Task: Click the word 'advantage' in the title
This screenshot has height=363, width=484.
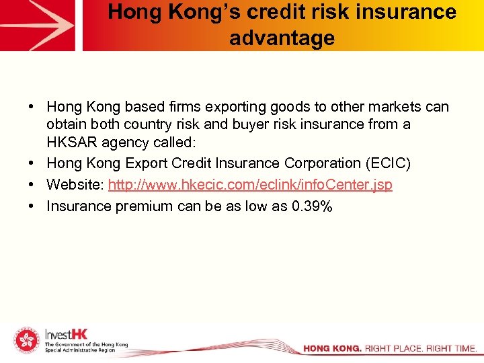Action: click(x=282, y=38)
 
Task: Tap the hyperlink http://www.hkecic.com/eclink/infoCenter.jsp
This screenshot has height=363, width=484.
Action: click(x=250, y=184)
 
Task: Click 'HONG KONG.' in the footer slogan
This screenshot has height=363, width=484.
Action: click(x=332, y=349)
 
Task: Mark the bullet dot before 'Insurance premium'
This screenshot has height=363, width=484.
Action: click(x=32, y=206)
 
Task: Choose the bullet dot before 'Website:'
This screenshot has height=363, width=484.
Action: click(x=32, y=184)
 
